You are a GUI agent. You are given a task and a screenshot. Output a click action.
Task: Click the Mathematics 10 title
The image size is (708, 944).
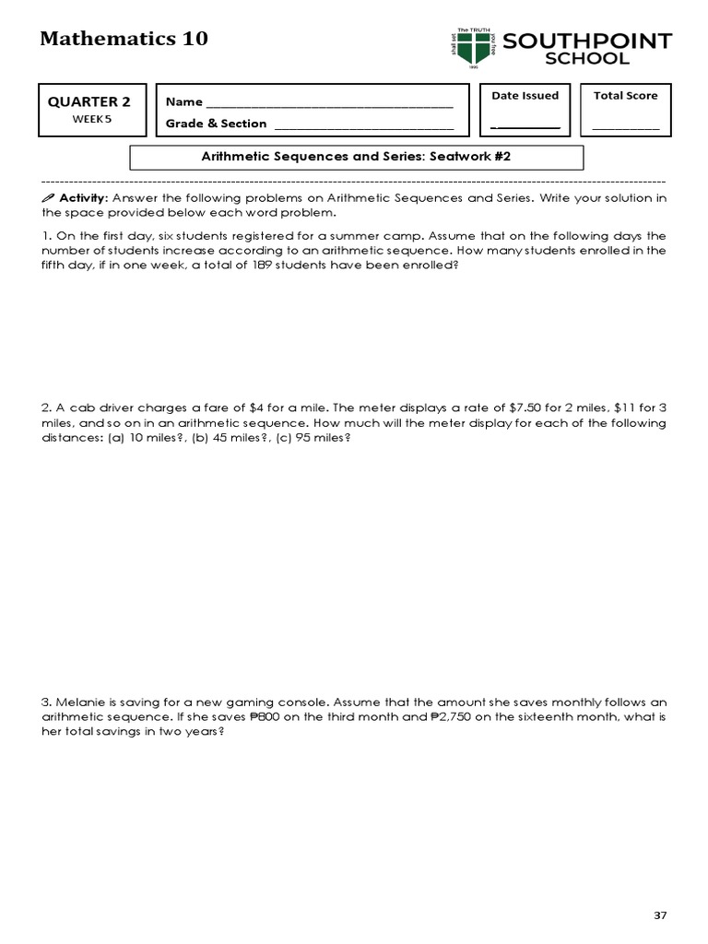tap(124, 39)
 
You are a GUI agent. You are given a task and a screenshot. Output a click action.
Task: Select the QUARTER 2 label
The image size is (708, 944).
tap(83, 102)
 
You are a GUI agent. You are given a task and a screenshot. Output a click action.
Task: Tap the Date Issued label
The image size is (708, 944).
tap(525, 96)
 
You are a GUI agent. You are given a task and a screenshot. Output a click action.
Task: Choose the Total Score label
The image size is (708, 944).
tap(625, 96)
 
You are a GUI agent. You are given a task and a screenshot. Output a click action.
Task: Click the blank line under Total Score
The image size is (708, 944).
tap(625, 127)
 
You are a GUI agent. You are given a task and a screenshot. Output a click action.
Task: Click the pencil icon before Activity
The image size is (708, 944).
tap(48, 198)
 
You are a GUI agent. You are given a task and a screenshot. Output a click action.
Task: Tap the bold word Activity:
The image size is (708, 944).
tap(83, 198)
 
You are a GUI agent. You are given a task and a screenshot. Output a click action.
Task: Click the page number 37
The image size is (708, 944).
tap(659, 915)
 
